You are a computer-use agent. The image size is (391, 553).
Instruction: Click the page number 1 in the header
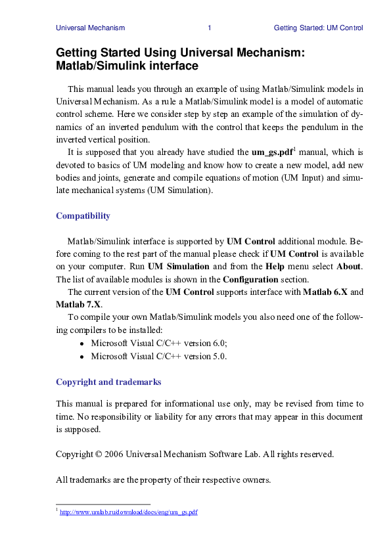pyautogui.click(x=209, y=28)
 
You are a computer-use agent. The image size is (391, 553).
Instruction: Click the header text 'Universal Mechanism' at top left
pyautogui.click(x=90, y=28)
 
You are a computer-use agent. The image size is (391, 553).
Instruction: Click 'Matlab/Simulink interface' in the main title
pyautogui.click(x=127, y=66)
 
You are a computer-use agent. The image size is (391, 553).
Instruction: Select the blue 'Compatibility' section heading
pyautogui.click(x=83, y=215)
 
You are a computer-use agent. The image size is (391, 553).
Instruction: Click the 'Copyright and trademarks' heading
pyautogui.click(x=108, y=382)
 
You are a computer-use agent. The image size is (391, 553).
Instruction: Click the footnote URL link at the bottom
pyautogui.click(x=129, y=512)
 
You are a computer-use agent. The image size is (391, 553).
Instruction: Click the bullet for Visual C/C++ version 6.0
pyautogui.click(x=81, y=343)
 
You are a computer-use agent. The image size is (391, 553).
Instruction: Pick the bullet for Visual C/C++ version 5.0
pyautogui.click(x=81, y=357)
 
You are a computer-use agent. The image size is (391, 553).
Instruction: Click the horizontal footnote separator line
pyautogui.click(x=94, y=504)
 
